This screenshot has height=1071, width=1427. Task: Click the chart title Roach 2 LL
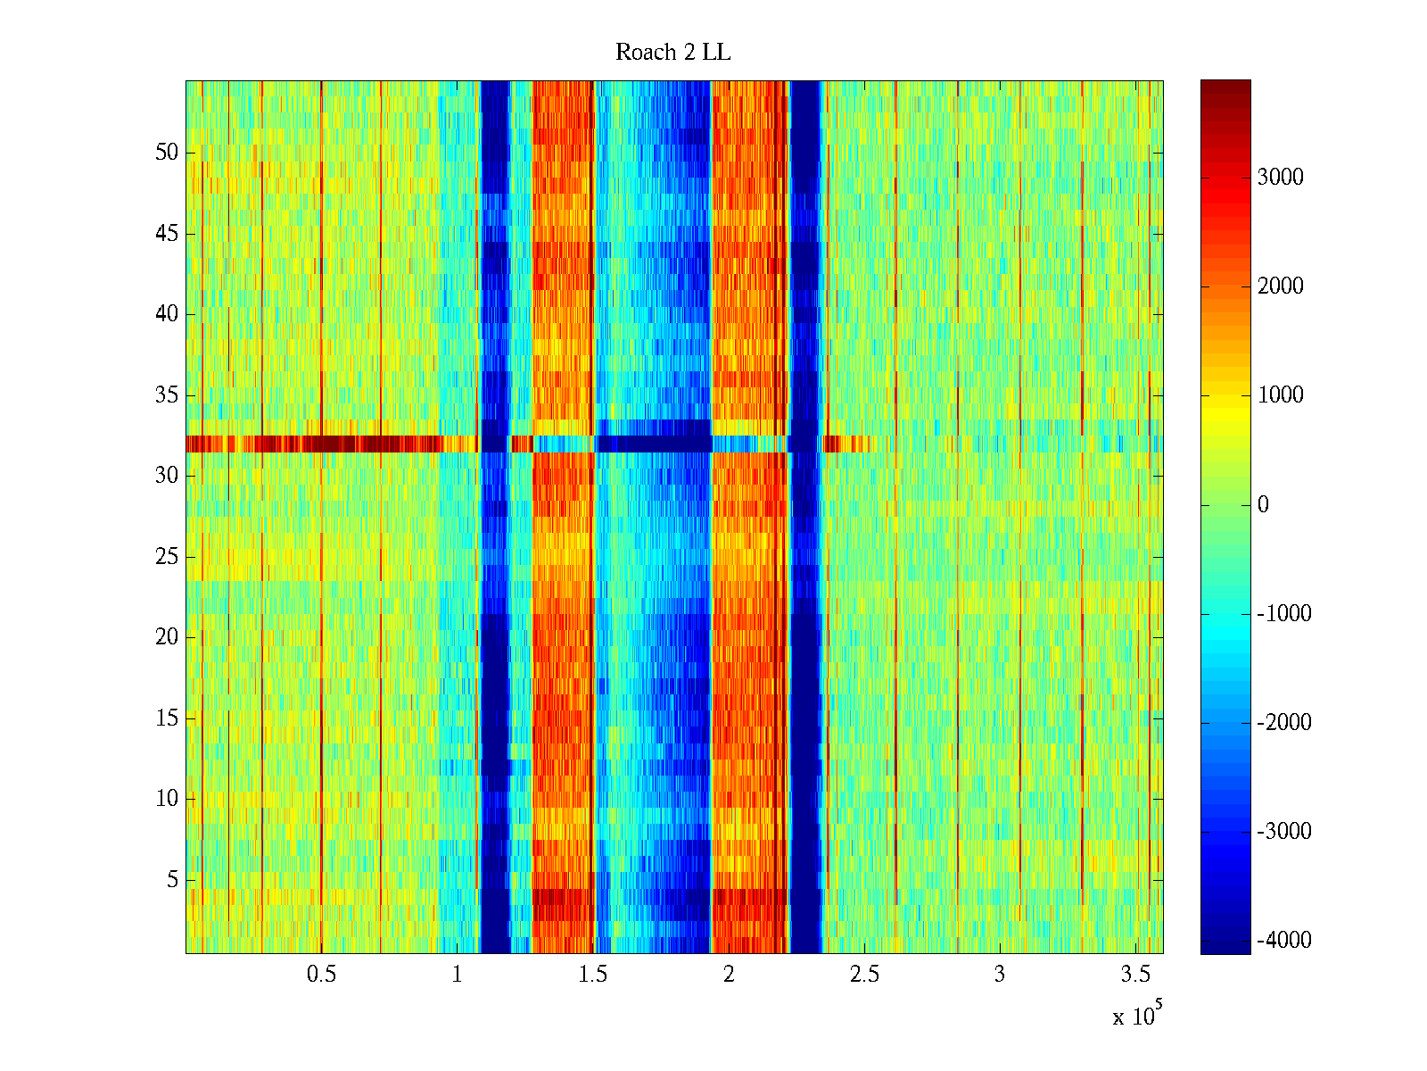point(672,53)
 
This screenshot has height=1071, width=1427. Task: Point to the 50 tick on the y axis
point(167,153)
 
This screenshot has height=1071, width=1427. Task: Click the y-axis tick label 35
point(167,395)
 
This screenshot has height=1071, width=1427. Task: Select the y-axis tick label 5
point(172,880)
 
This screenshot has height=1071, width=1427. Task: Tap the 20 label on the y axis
point(167,637)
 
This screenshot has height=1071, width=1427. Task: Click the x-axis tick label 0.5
point(321,975)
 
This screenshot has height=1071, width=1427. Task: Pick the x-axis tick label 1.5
point(593,975)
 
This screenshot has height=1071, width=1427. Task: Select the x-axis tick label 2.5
point(864,975)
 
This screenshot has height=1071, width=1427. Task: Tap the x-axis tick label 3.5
point(1135,975)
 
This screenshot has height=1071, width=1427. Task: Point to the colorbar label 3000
point(1280,178)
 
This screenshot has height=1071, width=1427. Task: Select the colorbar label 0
point(1263,505)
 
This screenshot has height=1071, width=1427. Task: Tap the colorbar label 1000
point(1280,395)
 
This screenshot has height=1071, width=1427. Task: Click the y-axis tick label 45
point(167,234)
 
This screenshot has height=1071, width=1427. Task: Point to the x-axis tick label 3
point(1000,975)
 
